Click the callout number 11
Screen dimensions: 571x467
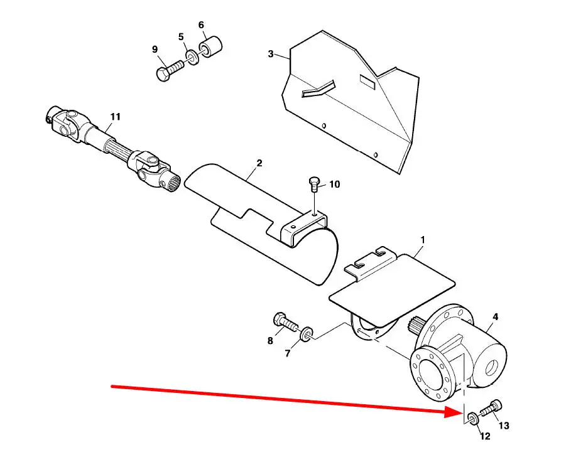click(115, 117)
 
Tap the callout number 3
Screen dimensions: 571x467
click(271, 54)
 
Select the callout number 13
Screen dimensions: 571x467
click(504, 426)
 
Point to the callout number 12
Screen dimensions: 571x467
click(486, 436)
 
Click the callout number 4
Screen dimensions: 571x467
click(495, 317)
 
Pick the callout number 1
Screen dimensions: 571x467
click(422, 240)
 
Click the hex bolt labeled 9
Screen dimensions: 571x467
click(170, 70)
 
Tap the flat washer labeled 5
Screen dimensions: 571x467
click(192, 58)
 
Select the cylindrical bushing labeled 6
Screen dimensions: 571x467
click(210, 46)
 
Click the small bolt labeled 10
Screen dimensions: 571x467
click(313, 184)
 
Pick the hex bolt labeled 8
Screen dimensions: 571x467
click(285, 322)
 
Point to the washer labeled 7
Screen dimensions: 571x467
click(307, 335)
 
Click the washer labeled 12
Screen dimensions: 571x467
click(472, 418)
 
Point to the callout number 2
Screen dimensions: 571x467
click(259, 163)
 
